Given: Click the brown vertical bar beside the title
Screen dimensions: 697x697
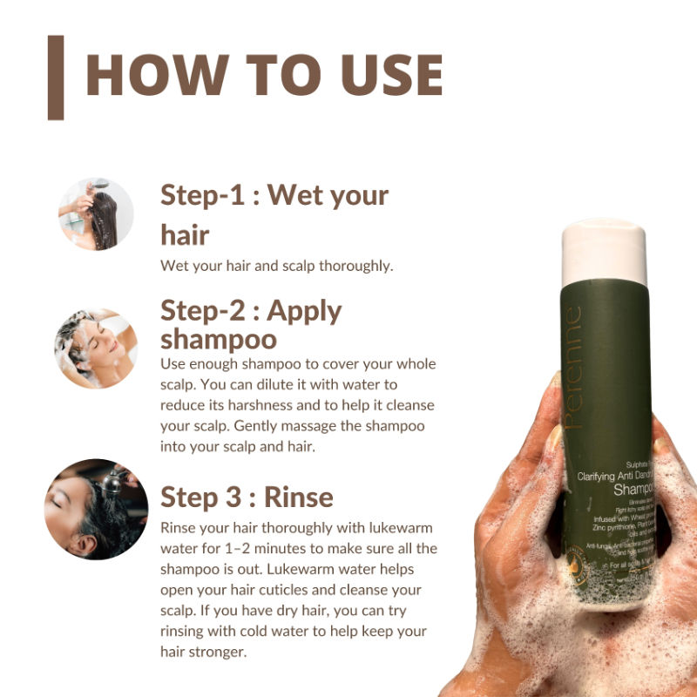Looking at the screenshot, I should pos(56,78).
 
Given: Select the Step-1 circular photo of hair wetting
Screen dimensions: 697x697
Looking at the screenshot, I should pos(95,214).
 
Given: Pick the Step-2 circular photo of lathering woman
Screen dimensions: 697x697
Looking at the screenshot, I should pos(95,348).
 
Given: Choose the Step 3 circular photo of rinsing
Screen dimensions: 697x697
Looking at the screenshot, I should pos(96,509).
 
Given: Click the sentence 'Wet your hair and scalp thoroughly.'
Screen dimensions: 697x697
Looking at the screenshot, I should pos(277,266).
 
